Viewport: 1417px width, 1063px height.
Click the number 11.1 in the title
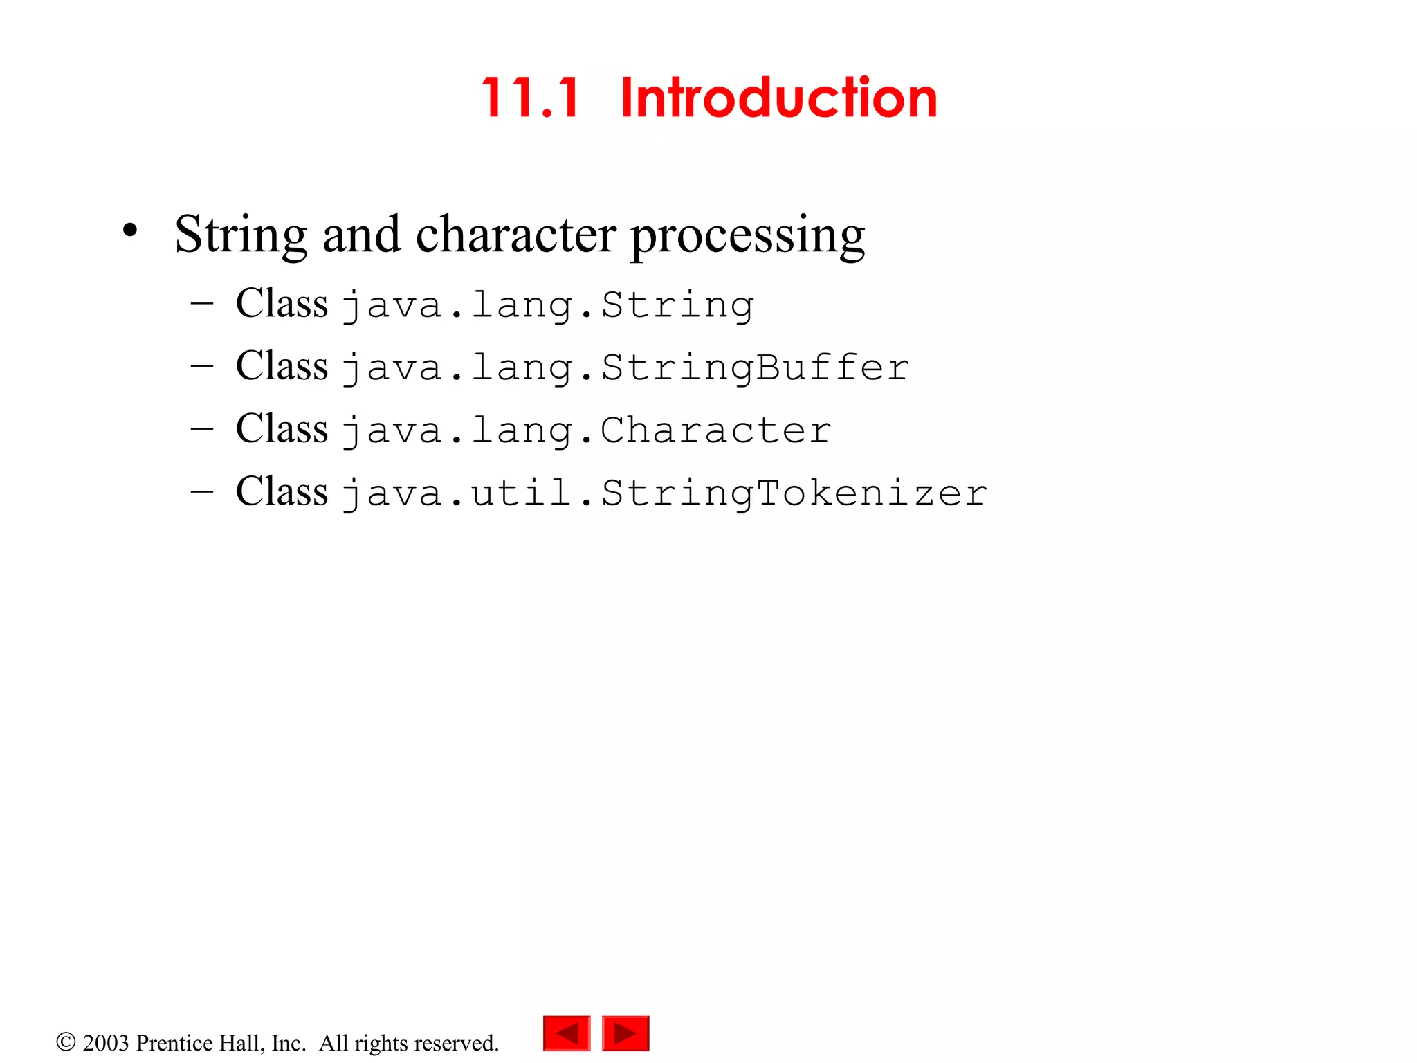point(531,98)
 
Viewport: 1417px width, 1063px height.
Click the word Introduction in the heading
point(778,98)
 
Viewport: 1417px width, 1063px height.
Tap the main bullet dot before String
point(130,231)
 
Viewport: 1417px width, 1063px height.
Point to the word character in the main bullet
point(515,234)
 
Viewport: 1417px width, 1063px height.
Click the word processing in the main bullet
point(747,235)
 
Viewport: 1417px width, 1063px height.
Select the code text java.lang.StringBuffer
point(625,367)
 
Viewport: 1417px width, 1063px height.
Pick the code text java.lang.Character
point(587,430)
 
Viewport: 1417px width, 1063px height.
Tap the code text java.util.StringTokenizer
point(664,493)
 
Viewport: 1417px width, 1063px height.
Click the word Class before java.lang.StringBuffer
point(282,365)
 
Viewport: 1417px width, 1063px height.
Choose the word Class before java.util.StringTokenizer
point(282,491)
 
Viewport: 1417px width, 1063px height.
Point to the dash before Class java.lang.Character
point(201,428)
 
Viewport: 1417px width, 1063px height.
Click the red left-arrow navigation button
point(567,1033)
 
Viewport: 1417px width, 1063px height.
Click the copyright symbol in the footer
point(66,1042)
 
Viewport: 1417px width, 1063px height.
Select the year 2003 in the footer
point(106,1043)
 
